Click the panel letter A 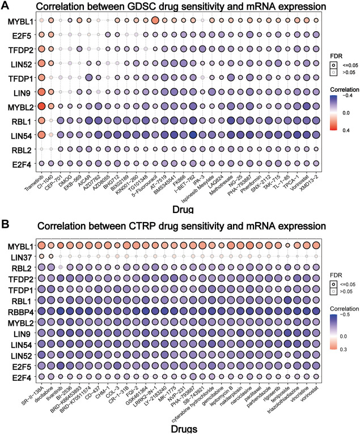(6, 6)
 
